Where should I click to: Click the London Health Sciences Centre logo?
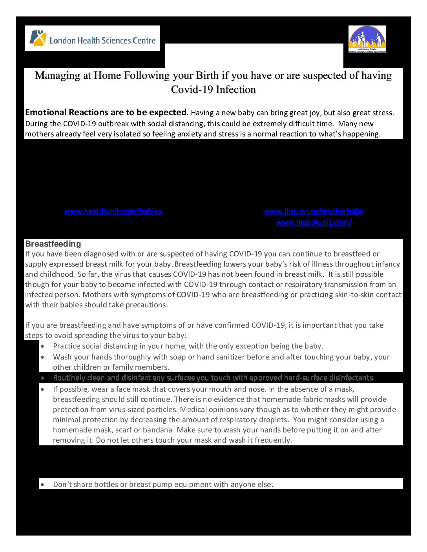(x=93, y=38)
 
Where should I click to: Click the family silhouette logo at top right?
(x=367, y=39)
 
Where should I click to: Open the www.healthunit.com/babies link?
(x=113, y=211)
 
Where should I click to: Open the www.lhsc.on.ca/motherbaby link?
(x=314, y=211)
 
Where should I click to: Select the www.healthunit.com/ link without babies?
(x=314, y=222)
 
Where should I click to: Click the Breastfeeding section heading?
(x=53, y=244)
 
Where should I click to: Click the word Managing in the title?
(x=58, y=75)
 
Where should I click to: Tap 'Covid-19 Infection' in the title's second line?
(x=213, y=89)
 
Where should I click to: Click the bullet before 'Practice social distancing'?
(x=42, y=346)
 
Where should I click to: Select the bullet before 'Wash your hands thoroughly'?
(x=42, y=357)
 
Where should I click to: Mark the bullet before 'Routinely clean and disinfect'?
(x=42, y=378)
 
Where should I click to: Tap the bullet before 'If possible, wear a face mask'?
(x=42, y=389)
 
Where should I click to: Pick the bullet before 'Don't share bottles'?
(x=42, y=485)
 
